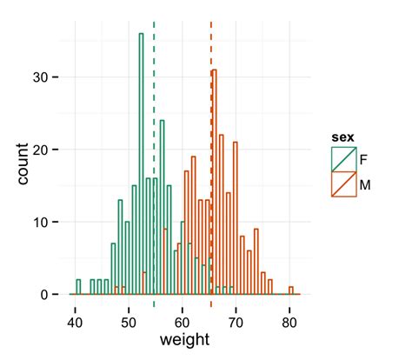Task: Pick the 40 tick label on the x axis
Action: [x=75, y=318]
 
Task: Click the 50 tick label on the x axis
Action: [x=128, y=318]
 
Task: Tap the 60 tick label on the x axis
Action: [x=182, y=318]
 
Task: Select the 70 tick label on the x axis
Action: [x=236, y=318]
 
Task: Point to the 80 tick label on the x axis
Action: [x=289, y=318]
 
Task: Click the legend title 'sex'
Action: [x=342, y=137]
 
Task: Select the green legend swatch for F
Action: [x=343, y=158]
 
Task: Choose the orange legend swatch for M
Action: [x=343, y=183]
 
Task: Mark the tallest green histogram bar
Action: [x=141, y=165]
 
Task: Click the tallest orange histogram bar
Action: [x=214, y=183]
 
